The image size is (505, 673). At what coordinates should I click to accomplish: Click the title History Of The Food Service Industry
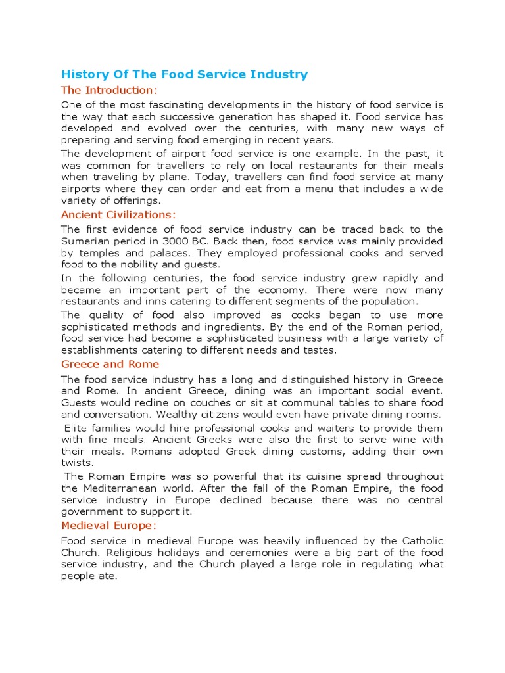(x=184, y=74)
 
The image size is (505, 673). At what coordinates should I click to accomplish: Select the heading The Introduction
(x=109, y=90)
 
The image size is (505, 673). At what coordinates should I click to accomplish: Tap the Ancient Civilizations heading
(x=118, y=215)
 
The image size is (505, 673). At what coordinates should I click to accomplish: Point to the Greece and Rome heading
(x=110, y=364)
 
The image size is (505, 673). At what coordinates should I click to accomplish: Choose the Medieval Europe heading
(x=108, y=526)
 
